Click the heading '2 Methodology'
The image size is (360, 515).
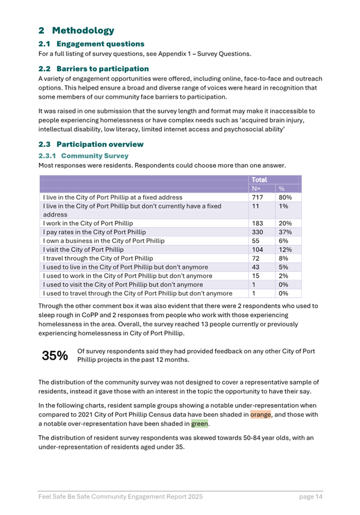76,30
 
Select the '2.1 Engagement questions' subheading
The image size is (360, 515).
91,44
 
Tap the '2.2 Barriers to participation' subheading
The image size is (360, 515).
94,68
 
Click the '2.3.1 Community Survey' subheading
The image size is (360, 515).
83,155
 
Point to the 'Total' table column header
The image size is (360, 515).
259,180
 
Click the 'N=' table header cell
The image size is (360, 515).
256,189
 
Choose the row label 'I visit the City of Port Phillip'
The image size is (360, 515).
83,250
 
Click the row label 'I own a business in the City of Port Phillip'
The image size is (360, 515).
104,241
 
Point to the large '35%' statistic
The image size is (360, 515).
55,356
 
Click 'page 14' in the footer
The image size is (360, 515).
311,497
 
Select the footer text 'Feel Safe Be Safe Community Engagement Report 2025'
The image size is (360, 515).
120,497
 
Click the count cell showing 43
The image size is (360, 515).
256,267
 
